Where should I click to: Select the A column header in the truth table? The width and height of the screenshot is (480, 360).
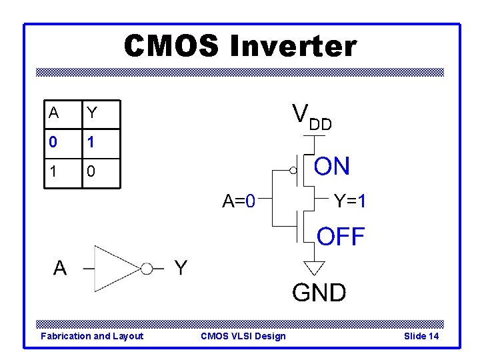(53, 113)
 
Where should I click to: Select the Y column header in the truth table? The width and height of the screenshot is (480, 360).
(92, 113)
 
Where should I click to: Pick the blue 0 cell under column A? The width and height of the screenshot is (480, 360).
(53, 142)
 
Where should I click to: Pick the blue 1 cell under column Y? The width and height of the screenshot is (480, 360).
(92, 142)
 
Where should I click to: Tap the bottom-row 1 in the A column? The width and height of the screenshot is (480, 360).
(53, 171)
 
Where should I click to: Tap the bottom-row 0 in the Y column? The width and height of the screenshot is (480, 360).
(92, 171)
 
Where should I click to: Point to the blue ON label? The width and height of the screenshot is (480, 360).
(332, 167)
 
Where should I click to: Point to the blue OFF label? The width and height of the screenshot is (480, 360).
(341, 236)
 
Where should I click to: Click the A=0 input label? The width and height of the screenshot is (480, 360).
(239, 200)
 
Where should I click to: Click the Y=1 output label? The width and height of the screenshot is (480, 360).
(349, 200)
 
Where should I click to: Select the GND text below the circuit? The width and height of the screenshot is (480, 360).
(319, 293)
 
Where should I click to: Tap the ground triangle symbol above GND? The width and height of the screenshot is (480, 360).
(314, 267)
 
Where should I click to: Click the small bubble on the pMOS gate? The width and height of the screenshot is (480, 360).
(293, 171)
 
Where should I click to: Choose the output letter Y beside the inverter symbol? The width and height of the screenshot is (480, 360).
(181, 268)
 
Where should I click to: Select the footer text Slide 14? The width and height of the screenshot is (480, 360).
(421, 336)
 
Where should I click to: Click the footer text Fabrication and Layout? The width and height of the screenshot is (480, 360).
(92, 336)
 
